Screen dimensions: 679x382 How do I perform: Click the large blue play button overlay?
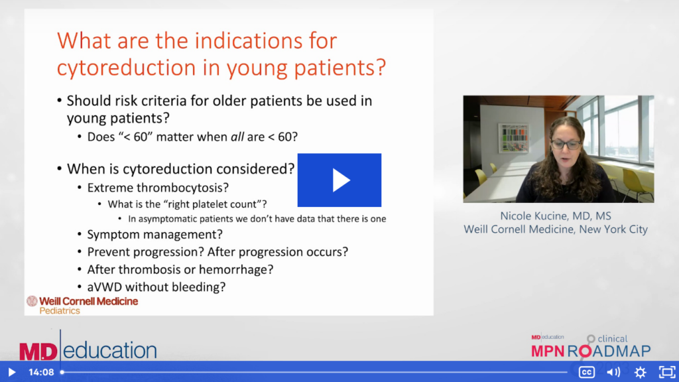click(x=339, y=180)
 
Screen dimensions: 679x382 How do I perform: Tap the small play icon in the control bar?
click(x=12, y=372)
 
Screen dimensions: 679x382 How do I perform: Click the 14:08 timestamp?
click(x=41, y=372)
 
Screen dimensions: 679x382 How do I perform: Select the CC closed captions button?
click(x=586, y=372)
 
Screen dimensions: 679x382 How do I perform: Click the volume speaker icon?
click(x=613, y=372)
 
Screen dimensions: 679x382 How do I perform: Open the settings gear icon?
click(x=640, y=372)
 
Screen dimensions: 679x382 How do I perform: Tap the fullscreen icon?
click(x=667, y=372)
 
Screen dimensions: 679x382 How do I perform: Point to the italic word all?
click(x=237, y=137)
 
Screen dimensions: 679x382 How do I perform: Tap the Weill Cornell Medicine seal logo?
click(x=32, y=301)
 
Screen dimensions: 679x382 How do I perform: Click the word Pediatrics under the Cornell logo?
click(x=60, y=310)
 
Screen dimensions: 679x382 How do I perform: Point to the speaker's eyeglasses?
click(x=567, y=145)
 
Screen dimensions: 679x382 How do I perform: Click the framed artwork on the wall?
click(x=514, y=138)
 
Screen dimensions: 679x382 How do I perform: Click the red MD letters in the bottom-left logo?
click(x=38, y=351)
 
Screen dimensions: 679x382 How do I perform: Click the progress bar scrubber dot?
click(x=62, y=372)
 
